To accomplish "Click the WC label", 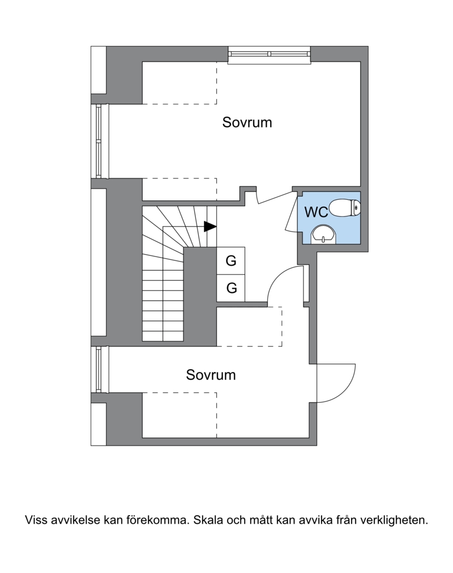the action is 316,212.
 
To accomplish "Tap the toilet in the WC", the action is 345,207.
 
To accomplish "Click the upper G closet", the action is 231,260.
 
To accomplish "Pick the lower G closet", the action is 231,288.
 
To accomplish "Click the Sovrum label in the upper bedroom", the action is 247,122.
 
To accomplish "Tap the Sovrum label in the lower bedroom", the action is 211,375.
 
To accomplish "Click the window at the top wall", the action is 269,55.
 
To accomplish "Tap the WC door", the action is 291,213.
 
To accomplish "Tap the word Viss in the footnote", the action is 36,520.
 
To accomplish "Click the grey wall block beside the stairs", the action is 200,296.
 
